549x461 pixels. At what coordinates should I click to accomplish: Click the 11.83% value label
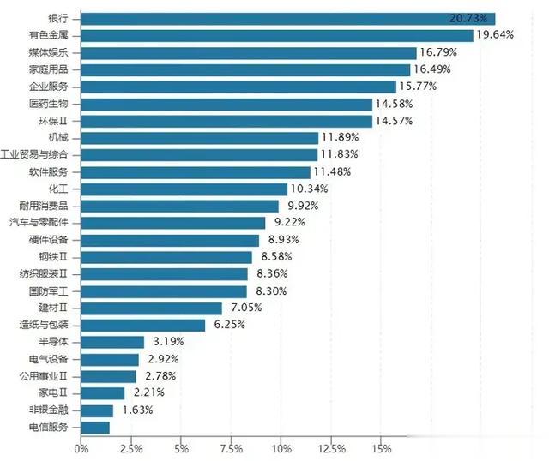point(339,154)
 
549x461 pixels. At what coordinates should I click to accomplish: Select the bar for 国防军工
point(164,290)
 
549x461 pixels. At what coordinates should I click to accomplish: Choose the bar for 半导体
point(112,342)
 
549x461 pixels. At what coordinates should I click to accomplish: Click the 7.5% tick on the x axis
point(231,448)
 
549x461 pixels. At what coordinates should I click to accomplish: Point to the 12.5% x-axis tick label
point(331,448)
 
